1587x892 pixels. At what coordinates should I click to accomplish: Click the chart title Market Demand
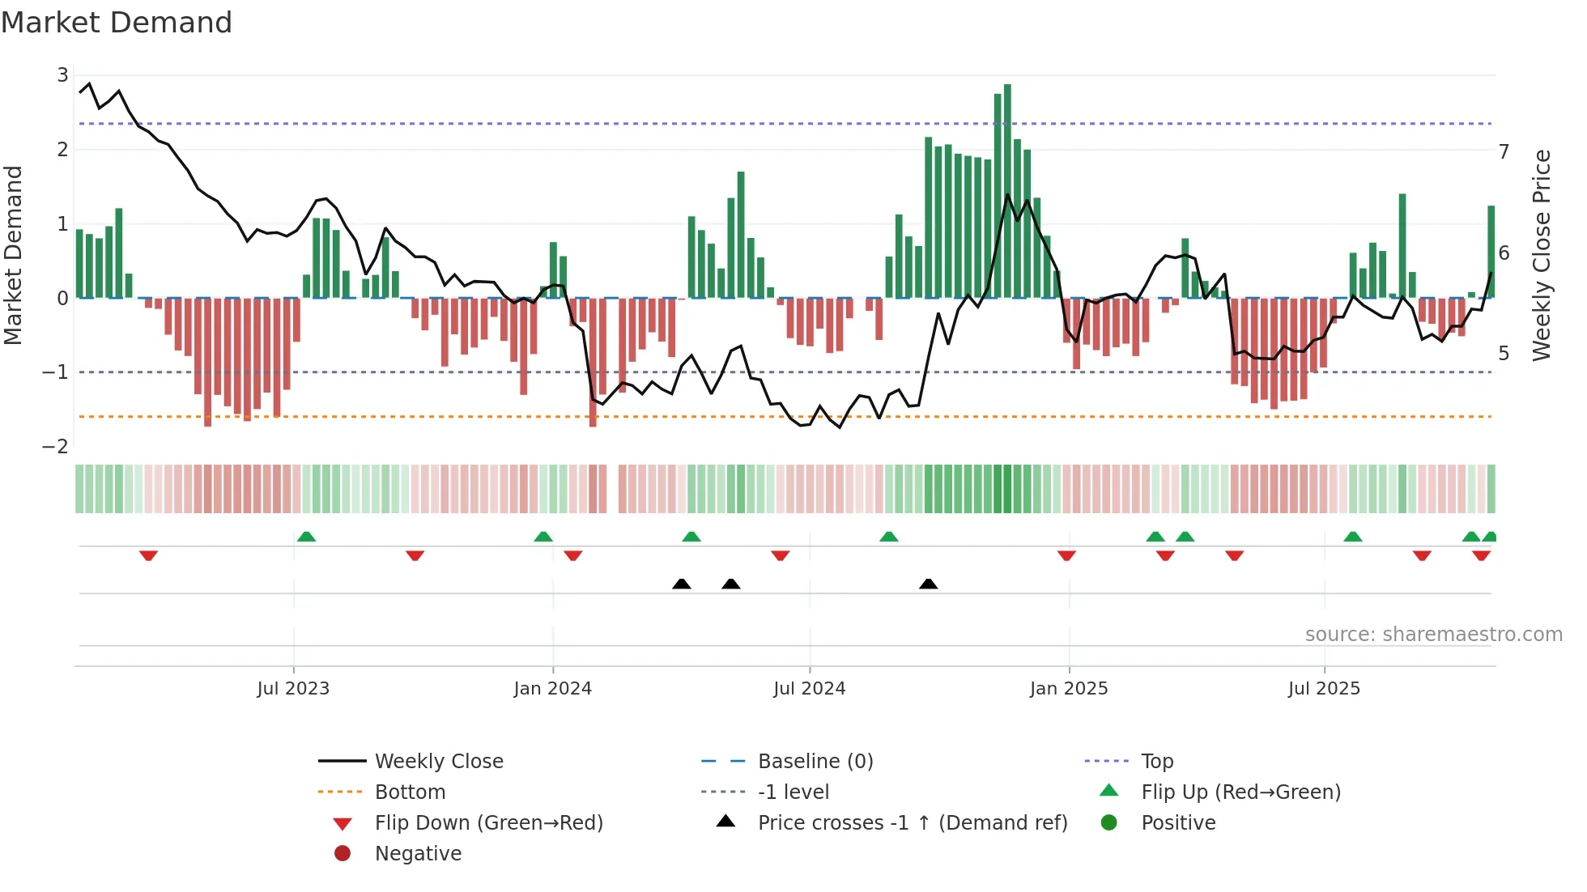[x=117, y=23]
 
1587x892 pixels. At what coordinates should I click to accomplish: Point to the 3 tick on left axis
[x=62, y=75]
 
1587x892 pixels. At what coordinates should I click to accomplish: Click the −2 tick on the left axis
[x=56, y=446]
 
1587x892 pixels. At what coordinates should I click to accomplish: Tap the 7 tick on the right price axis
[x=1504, y=152]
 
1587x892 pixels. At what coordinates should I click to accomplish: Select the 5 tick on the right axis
[x=1504, y=354]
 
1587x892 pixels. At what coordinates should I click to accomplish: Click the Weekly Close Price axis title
[x=1542, y=255]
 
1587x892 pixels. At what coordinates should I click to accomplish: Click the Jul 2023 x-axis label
[x=293, y=689]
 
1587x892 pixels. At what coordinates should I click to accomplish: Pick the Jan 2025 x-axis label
[x=1069, y=689]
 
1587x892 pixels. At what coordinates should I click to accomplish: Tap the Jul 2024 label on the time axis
[x=809, y=689]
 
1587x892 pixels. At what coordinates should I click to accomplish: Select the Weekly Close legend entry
[x=438, y=762]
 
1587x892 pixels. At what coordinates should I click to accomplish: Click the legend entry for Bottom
[x=410, y=792]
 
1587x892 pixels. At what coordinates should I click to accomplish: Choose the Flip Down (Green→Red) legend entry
[x=488, y=823]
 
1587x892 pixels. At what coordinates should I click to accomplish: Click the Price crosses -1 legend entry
[x=912, y=823]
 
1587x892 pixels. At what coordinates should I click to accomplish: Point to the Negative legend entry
[x=418, y=854]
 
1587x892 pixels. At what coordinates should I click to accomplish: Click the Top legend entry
[x=1157, y=762]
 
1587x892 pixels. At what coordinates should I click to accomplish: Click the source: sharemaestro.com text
[x=1433, y=635]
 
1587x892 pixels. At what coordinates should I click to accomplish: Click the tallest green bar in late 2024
[x=1007, y=191]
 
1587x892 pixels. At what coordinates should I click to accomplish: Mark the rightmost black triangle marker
[x=929, y=584]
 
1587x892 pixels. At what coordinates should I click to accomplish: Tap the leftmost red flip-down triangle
[x=148, y=555]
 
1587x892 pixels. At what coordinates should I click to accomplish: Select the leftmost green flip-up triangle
[x=306, y=537]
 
